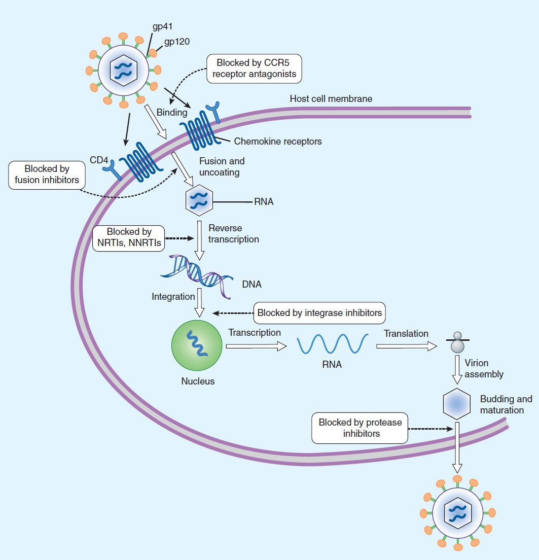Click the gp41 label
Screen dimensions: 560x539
(x=163, y=26)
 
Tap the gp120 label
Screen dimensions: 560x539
(x=176, y=42)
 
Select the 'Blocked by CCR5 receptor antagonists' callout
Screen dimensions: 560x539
(x=254, y=69)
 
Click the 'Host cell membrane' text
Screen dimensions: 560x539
(x=331, y=98)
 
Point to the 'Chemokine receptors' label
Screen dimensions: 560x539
(x=278, y=142)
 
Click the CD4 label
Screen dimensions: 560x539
(x=99, y=160)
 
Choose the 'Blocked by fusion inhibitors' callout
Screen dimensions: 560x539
(x=47, y=174)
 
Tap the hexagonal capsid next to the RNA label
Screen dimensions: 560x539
(x=198, y=201)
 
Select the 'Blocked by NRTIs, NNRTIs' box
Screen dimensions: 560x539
(x=129, y=238)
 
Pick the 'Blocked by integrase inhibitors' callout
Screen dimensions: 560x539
(x=319, y=313)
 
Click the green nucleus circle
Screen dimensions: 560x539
(x=197, y=345)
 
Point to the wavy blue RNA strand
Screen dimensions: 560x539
(x=332, y=343)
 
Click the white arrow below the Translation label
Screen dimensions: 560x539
(x=406, y=346)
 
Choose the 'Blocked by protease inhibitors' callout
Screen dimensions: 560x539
(x=360, y=428)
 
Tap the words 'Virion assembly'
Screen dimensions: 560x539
(x=484, y=369)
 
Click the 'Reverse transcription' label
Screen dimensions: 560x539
(x=233, y=234)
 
